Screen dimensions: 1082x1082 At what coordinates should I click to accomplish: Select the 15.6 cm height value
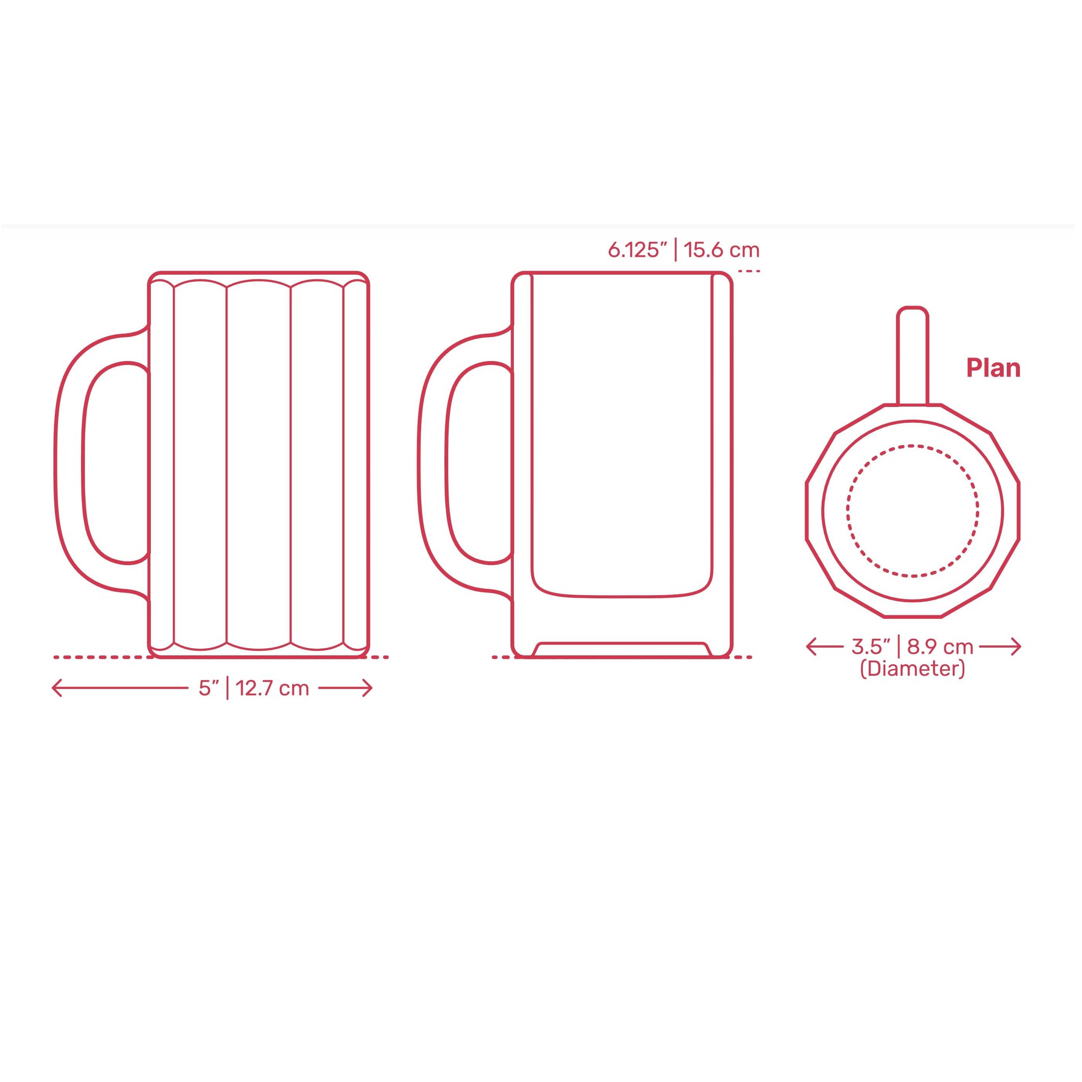click(x=722, y=250)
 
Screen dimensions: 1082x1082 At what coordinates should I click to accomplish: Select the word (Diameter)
click(x=913, y=669)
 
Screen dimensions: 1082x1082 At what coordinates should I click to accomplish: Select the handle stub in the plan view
click(x=913, y=353)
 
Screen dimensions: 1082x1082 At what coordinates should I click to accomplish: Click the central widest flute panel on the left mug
click(x=259, y=465)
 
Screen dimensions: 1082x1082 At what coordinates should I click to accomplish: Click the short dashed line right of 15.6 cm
click(x=749, y=271)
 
